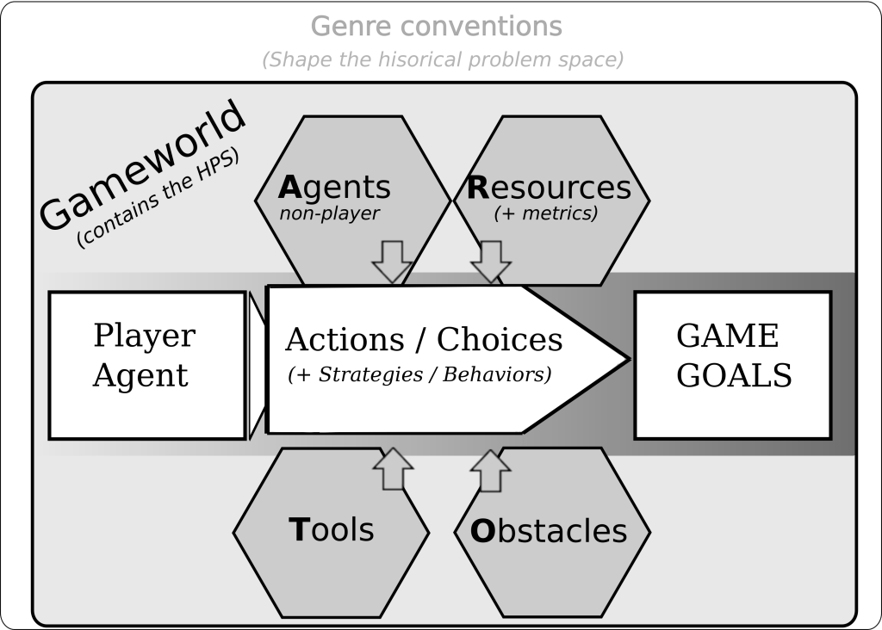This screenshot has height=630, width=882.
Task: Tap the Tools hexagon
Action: tap(332, 529)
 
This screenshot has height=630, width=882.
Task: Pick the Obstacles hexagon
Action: tap(549, 530)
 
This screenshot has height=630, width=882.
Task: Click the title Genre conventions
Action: tap(436, 26)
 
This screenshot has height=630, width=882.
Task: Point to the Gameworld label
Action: tap(142, 168)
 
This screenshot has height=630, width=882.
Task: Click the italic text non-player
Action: tap(329, 213)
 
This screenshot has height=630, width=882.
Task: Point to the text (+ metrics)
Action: tap(545, 213)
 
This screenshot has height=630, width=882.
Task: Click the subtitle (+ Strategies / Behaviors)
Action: tap(419, 375)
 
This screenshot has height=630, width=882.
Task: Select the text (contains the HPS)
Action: tap(158, 200)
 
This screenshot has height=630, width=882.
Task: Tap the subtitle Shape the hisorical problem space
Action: tap(443, 60)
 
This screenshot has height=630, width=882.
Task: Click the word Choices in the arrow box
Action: tap(500, 340)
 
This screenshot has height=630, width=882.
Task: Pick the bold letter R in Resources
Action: tap(478, 187)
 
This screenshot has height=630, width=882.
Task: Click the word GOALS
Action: tap(734, 376)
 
